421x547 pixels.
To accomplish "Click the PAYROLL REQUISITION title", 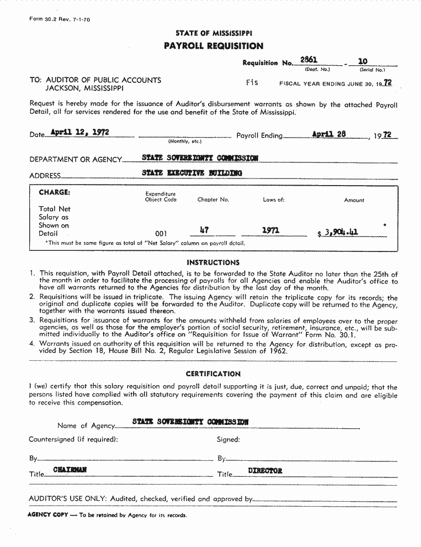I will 214,46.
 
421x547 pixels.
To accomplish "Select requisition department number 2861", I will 308,60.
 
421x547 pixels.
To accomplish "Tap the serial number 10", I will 363,61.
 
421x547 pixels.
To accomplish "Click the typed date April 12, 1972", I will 79,132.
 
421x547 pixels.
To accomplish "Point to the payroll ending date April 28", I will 329,134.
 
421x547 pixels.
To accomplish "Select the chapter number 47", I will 204,230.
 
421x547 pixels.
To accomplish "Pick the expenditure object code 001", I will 161,234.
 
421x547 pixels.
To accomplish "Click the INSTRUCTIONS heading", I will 213,262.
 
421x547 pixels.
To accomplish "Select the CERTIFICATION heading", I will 213,374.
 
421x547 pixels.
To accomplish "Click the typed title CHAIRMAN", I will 70,470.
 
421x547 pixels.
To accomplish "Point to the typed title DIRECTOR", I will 265,471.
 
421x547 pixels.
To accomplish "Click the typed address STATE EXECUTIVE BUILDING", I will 192,173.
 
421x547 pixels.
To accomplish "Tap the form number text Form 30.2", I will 43,19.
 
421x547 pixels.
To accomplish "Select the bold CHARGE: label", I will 54,193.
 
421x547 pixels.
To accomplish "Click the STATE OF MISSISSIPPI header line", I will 214,33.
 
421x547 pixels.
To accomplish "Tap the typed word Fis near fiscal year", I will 252,82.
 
